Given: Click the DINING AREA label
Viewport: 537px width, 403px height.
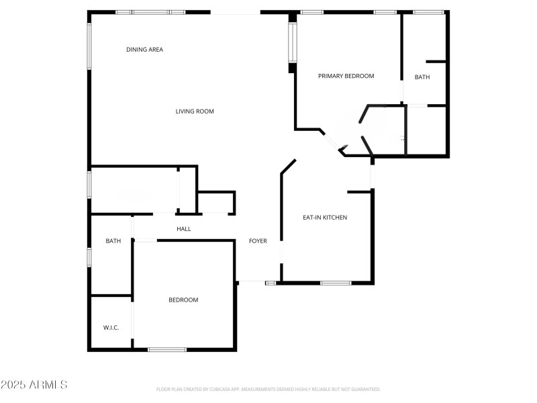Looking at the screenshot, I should (144, 50).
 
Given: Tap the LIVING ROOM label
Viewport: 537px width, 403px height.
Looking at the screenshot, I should (195, 111).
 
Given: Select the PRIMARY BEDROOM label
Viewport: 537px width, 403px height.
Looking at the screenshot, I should (346, 77).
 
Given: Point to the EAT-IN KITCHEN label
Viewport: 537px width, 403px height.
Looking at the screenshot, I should (325, 218).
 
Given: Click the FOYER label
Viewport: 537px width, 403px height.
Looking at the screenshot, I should (258, 241).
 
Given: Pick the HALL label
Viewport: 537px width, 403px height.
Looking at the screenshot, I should (183, 229).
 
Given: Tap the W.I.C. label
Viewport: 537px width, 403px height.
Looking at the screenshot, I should (111, 328).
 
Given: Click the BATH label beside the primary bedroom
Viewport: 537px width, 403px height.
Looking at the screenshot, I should (422, 77).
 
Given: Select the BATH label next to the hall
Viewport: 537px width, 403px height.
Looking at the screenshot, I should (113, 241).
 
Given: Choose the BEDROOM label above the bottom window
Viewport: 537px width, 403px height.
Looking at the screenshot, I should (183, 300).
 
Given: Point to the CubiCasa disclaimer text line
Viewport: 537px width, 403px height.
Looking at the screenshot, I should (268, 389).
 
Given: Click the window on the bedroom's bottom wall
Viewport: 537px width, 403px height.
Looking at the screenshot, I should (167, 349).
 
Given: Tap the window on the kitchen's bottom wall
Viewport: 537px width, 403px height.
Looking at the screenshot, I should (336, 283).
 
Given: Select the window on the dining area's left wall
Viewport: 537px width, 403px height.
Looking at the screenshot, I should (89, 46).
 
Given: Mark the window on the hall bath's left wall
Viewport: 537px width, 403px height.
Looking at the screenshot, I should (89, 257).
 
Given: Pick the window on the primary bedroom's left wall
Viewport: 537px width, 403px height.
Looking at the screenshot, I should (293, 43).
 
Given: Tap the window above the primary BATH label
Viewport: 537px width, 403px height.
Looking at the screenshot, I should (428, 12).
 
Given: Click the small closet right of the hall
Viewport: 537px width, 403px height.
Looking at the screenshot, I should (215, 203).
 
